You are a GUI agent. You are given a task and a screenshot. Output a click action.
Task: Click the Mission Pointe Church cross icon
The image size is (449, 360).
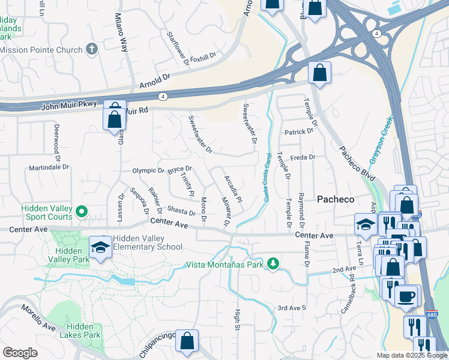(x=92, y=49)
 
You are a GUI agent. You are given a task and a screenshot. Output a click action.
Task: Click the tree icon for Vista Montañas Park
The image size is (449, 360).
(x=273, y=264)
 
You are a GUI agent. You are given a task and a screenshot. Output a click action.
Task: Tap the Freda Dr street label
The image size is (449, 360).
(x=303, y=157)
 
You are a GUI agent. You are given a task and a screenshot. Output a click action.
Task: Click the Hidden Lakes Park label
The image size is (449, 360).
(x=80, y=331)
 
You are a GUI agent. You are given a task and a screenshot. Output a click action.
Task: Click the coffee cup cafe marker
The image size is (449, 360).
(x=408, y=296)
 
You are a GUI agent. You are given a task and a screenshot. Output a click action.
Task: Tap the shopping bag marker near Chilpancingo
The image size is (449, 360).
(x=187, y=341)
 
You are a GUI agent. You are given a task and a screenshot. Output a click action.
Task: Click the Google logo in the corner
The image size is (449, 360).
(x=20, y=353)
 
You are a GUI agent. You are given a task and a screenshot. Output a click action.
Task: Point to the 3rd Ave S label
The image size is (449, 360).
(x=291, y=308)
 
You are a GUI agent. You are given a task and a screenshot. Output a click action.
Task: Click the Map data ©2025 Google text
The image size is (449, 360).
(x=411, y=355)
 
